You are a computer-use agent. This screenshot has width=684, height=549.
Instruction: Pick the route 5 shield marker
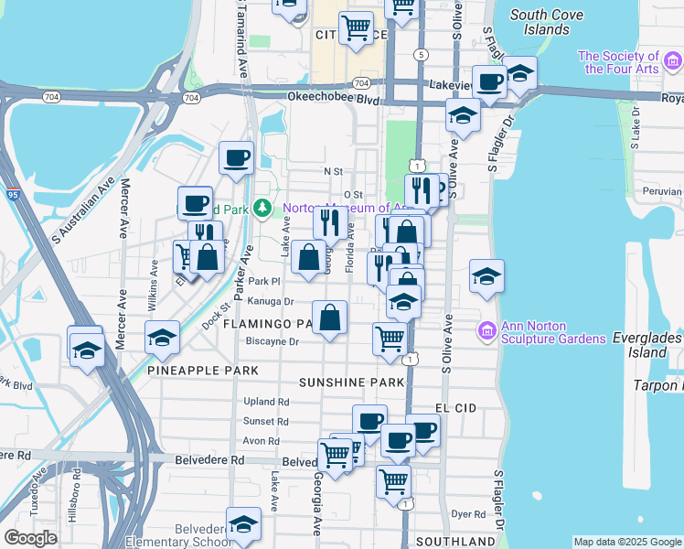tap(421, 55)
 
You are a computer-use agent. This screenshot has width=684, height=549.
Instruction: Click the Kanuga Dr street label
tap(270, 301)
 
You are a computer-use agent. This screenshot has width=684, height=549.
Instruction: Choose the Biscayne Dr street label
tap(273, 342)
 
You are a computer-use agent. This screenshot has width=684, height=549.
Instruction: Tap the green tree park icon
tap(262, 209)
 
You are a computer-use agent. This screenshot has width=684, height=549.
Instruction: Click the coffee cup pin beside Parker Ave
tap(236, 157)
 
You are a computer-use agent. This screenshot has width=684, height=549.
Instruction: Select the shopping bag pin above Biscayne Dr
tap(330, 318)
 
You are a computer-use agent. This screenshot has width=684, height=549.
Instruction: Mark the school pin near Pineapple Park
tap(162, 338)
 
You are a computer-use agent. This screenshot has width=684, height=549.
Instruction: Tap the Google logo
tap(30, 538)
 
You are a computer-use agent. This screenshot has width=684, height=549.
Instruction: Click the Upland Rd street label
tap(266, 402)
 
